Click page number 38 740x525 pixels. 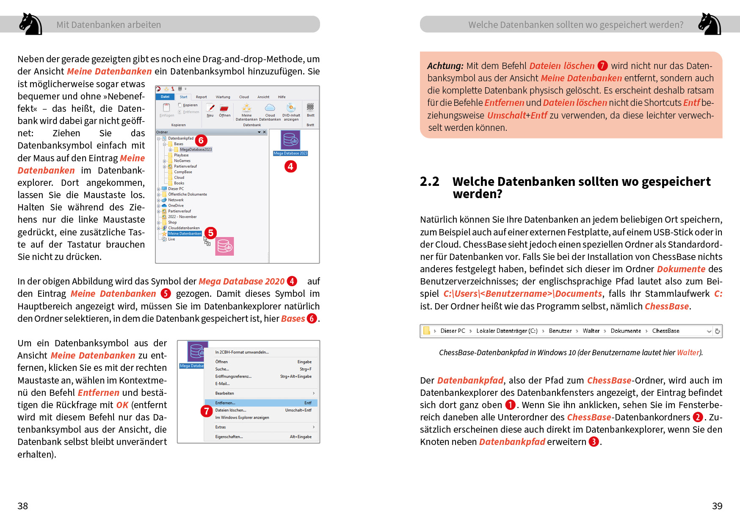[22, 506]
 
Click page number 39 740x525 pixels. [717, 506]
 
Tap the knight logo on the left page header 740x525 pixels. [30, 24]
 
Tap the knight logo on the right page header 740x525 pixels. [710, 24]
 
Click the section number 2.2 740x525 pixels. [429, 182]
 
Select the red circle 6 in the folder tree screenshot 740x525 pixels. [201, 141]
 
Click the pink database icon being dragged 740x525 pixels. [224, 246]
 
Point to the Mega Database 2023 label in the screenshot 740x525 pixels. [290, 153]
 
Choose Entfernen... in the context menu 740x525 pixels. [225, 403]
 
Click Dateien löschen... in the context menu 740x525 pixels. [231, 410]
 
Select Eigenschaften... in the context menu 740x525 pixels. [229, 437]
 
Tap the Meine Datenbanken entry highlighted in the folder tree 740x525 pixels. [185, 234]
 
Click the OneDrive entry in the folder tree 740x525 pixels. [176, 206]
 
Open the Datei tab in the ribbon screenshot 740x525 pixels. [165, 97]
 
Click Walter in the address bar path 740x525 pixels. [591, 331]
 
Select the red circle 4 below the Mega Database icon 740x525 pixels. [290, 166]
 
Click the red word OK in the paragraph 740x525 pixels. [122, 405]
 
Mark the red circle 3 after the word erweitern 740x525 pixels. [594, 442]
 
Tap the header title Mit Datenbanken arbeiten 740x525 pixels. [109, 25]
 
